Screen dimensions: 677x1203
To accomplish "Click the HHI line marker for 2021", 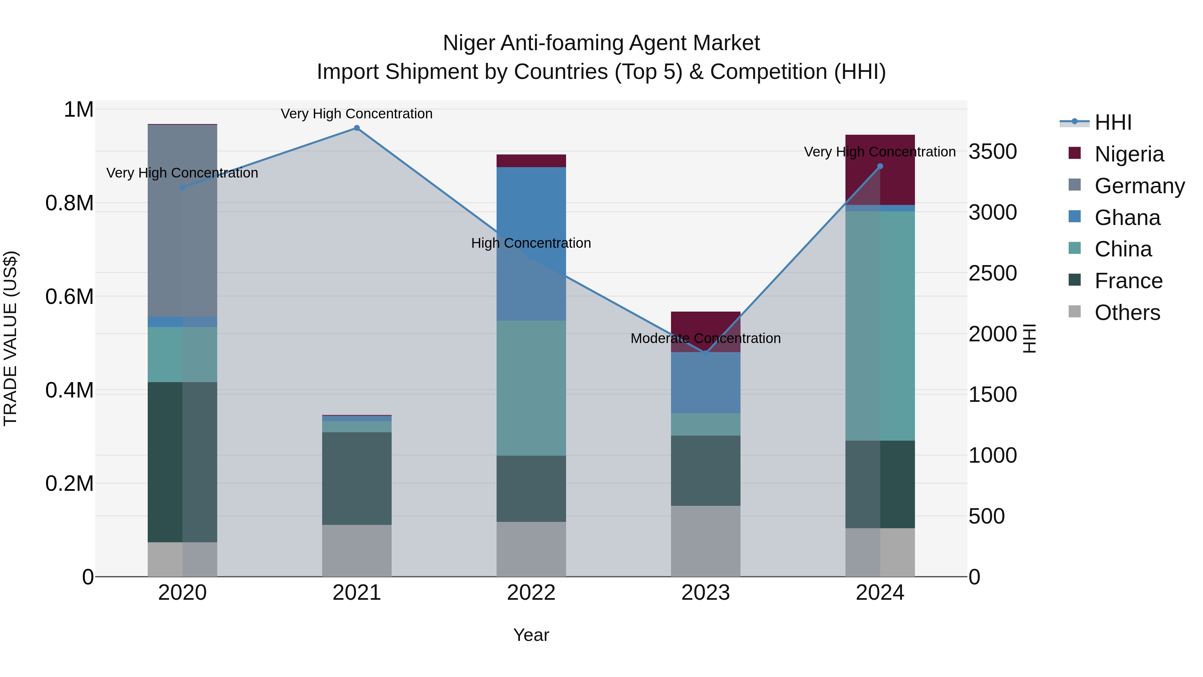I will pyautogui.click(x=357, y=128).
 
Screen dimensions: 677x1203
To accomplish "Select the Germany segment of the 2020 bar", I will pyautogui.click(x=182, y=221).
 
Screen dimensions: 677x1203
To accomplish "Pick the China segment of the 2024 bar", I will pyautogui.click(x=880, y=326).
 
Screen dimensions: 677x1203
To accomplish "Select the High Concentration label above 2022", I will pyautogui.click(x=531, y=243).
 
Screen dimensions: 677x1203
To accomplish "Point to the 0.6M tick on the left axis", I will pyautogui.click(x=70, y=297).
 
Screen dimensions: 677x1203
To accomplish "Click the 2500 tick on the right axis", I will pyautogui.click(x=992, y=273).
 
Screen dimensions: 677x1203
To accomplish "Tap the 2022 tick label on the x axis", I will pyautogui.click(x=531, y=593).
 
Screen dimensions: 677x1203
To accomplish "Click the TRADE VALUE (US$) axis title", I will pyautogui.click(x=10, y=338).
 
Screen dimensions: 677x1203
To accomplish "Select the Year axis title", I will pyautogui.click(x=531, y=635).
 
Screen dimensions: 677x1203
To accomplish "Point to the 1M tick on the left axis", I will pyautogui.click(x=79, y=110).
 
